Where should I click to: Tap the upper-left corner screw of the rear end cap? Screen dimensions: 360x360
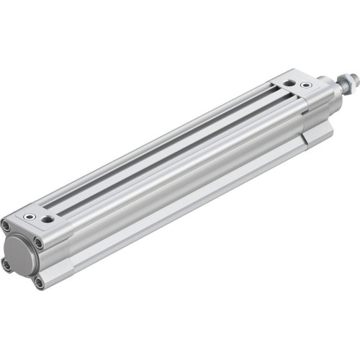coord(6,225)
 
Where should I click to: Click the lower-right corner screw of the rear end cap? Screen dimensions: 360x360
coord(38,283)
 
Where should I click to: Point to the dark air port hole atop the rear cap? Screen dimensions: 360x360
coord(48,218)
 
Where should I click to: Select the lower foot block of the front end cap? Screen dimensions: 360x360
coord(317,133)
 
